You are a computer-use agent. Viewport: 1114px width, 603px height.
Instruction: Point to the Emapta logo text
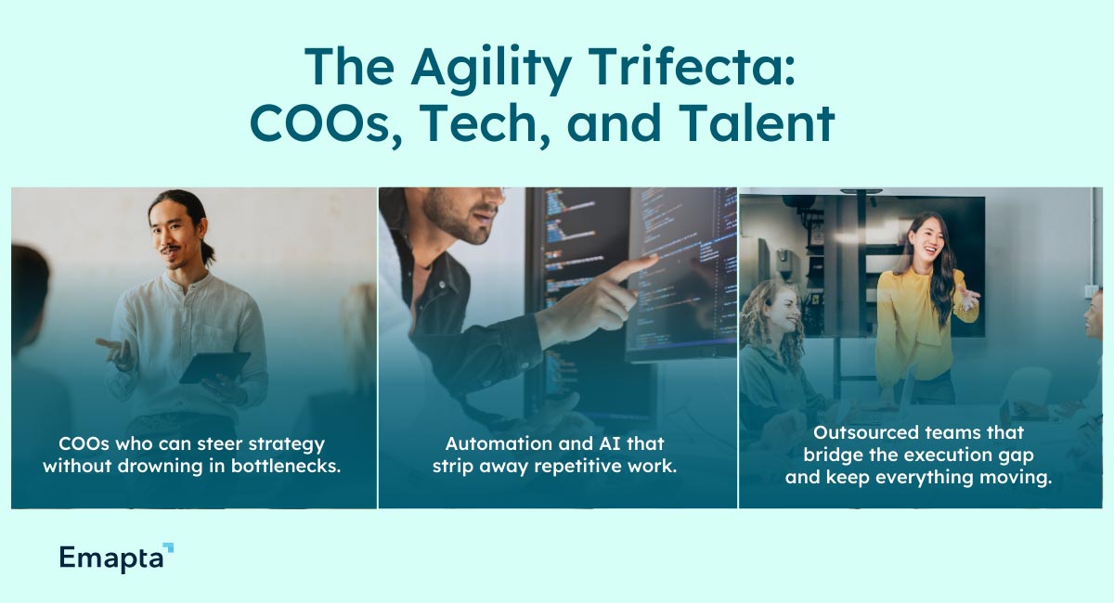point(110,557)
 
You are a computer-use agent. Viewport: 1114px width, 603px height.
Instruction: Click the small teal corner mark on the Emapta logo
point(168,548)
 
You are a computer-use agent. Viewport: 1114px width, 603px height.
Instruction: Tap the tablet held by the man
point(214,366)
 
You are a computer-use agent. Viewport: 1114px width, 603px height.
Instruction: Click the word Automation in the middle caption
point(490,443)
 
